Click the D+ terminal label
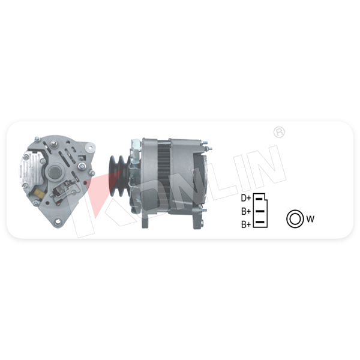pos(246,198)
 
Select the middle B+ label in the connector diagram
pos(246,211)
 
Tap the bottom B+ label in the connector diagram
pos(246,224)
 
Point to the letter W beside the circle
pos(310,219)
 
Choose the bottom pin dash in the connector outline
pos(260,222)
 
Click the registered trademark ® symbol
pos(279,132)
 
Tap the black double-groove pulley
pos(119,176)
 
